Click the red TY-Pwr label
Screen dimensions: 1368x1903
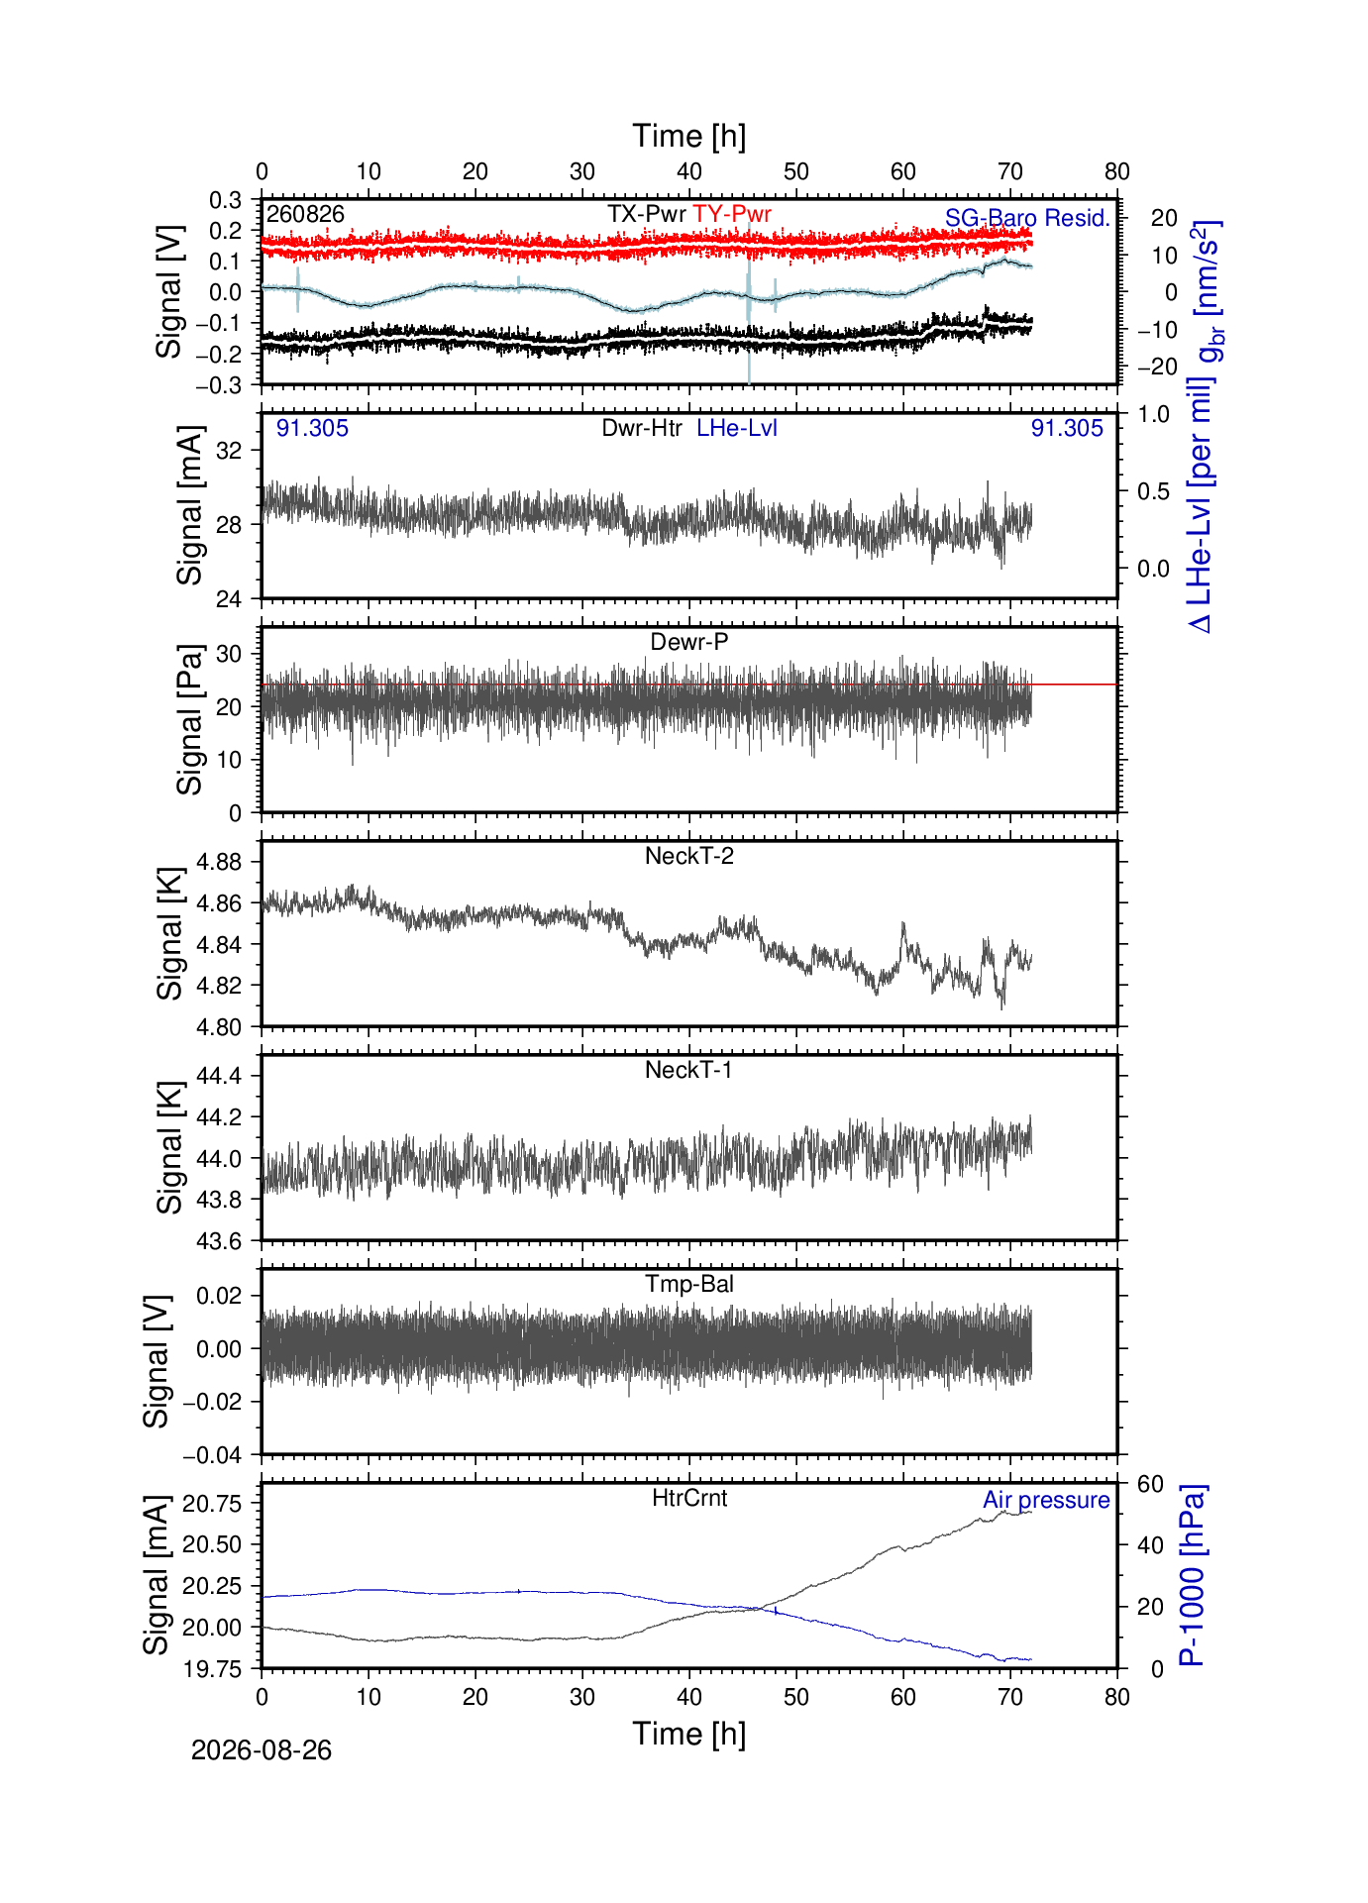(732, 214)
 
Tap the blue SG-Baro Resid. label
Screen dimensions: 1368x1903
(1027, 218)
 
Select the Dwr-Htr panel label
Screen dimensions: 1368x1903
(642, 428)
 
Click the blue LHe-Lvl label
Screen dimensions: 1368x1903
(737, 428)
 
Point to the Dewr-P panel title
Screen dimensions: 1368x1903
(689, 642)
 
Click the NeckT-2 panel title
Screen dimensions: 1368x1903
(689, 856)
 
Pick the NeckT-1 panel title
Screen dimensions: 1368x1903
(689, 1070)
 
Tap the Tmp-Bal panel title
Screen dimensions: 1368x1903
(689, 1284)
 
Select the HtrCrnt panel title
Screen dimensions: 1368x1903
(689, 1498)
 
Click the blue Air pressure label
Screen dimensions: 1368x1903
(1046, 1500)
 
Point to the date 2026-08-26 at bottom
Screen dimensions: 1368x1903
(262, 1750)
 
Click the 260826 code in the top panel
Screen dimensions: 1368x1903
(305, 214)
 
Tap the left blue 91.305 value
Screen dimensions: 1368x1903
(312, 428)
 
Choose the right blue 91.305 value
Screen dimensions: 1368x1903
(1067, 428)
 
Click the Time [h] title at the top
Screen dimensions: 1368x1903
(689, 136)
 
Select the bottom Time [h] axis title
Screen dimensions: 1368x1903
(689, 1734)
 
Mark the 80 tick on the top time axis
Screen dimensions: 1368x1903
(1117, 171)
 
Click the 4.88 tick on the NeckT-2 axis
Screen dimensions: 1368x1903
(219, 862)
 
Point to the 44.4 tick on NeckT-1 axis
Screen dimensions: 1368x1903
(219, 1076)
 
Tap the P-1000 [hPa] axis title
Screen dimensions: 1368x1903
(1192, 1576)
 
